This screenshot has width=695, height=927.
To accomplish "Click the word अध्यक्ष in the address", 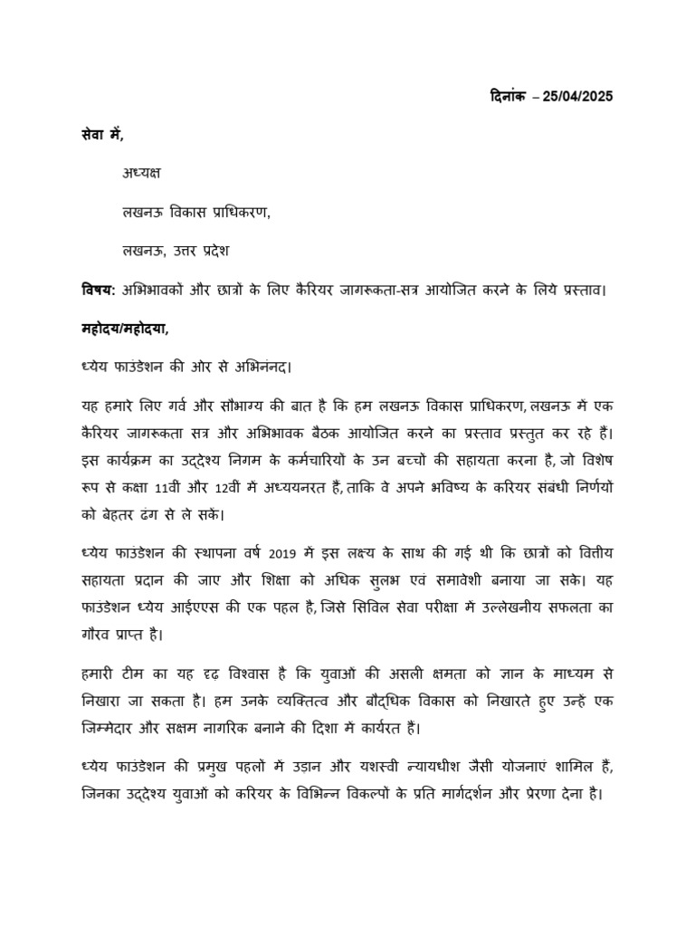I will [142, 172].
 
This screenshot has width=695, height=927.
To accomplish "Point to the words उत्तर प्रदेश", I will [204, 248].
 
